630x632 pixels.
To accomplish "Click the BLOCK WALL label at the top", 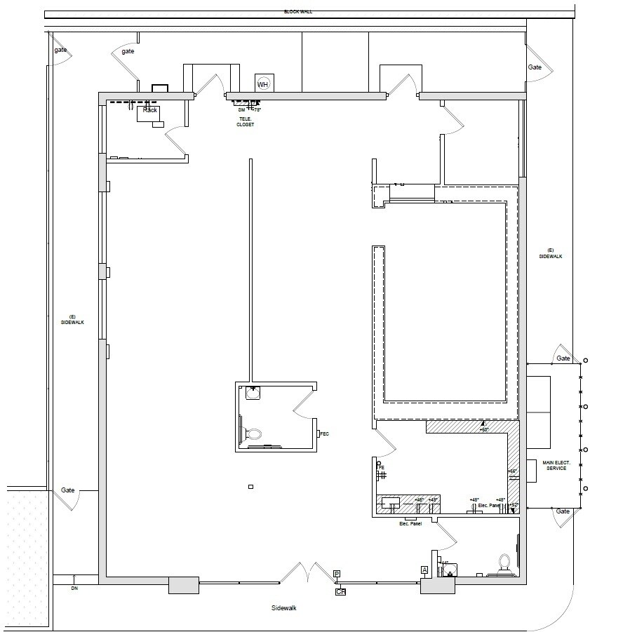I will pyautogui.click(x=298, y=12).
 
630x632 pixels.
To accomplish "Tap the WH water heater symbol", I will pyautogui.click(x=263, y=84).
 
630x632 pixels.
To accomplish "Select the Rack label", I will pyautogui.click(x=150, y=110).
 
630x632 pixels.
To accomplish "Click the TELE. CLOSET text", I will pyautogui.click(x=245, y=122).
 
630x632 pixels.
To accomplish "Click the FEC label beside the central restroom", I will pyautogui.click(x=324, y=434).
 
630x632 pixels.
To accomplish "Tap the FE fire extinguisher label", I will pyautogui.click(x=381, y=467).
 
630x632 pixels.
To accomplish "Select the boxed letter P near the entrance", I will pyautogui.click(x=337, y=574).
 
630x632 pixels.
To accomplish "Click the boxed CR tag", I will pyautogui.click(x=341, y=592).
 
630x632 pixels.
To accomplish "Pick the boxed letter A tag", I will pyautogui.click(x=424, y=570).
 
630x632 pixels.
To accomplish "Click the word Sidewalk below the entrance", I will pyautogui.click(x=284, y=608).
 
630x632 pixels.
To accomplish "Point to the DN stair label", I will pyautogui.click(x=74, y=589).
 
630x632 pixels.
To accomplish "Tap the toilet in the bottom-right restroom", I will pyautogui.click(x=504, y=563).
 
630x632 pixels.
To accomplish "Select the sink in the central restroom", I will pyautogui.click(x=253, y=394).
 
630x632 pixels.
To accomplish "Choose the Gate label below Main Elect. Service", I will pyautogui.click(x=563, y=511).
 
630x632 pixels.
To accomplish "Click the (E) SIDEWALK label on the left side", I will pyautogui.click(x=72, y=319).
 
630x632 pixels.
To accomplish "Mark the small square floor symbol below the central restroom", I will pyautogui.click(x=250, y=487).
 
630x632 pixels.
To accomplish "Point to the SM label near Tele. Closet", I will pyautogui.click(x=241, y=110).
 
